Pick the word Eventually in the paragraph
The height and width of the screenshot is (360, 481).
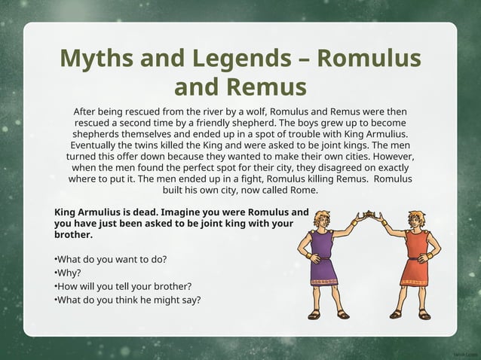[98, 145]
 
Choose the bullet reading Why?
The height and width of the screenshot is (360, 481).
[69, 273]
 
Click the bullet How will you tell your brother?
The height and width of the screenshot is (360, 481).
[123, 286]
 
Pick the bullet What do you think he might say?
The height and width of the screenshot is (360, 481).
[127, 300]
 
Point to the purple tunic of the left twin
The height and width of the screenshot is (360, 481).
[323, 256]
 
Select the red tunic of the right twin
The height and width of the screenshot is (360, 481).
[416, 256]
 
